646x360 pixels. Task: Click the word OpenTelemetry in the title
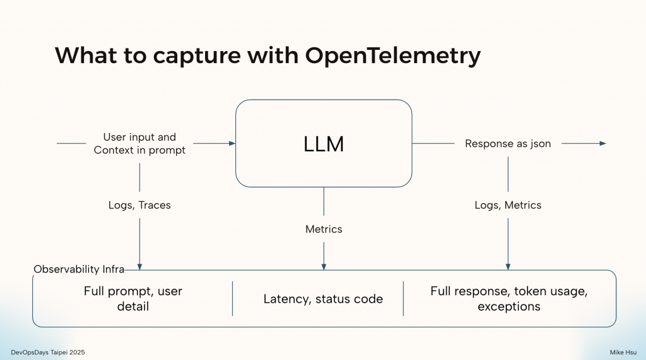[x=393, y=55]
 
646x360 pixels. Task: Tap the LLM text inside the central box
[x=324, y=144]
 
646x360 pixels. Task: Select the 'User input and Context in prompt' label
[x=139, y=144]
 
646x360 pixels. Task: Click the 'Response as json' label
[x=508, y=144]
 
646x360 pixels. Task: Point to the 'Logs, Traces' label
[x=139, y=205]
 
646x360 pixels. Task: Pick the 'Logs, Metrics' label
[x=508, y=205]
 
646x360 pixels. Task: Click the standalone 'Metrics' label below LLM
[x=324, y=229]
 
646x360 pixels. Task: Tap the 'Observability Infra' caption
[x=79, y=269]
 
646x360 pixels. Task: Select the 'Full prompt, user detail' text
[x=134, y=299]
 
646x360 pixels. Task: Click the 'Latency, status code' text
[x=323, y=299]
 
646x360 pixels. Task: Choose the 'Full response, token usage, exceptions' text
[x=508, y=299]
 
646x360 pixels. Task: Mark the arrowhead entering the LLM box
[x=232, y=144]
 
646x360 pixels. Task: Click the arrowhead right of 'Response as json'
[x=602, y=144]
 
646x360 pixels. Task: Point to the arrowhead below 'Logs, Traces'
[x=139, y=266]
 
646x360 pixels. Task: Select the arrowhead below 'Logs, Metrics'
[x=508, y=266]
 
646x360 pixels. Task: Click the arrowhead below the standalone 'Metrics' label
[x=324, y=266]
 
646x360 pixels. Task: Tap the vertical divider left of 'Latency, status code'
[x=233, y=298]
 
